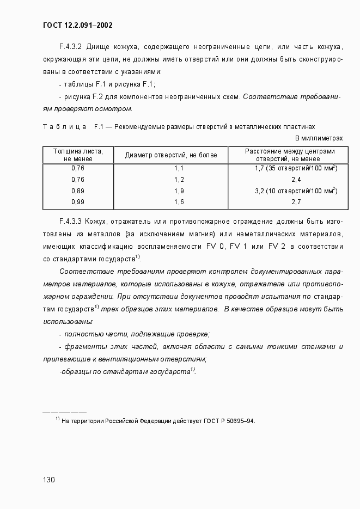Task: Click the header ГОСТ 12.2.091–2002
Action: point(77,25)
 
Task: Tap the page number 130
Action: point(49,480)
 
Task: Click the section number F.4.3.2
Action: point(70,46)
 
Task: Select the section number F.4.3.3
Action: point(70,222)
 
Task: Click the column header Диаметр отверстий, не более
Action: point(171,155)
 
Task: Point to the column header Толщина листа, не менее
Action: point(78,155)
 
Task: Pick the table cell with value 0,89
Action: point(78,191)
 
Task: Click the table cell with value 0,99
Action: point(78,202)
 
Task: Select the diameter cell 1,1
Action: point(179,168)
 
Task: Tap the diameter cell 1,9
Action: point(179,191)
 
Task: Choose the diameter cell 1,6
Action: point(179,202)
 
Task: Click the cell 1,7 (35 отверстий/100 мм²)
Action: point(296,168)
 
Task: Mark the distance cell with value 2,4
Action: point(296,179)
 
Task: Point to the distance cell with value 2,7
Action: point(296,202)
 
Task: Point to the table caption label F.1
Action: point(99,127)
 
